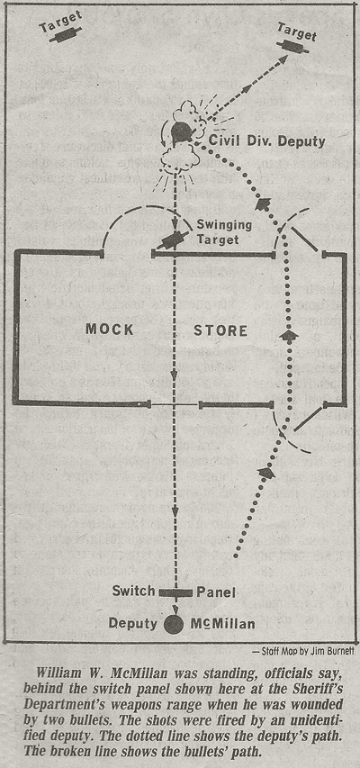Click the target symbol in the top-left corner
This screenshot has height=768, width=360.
click(x=65, y=35)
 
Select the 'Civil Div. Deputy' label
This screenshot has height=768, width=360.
click(x=267, y=141)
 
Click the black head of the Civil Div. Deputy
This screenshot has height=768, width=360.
click(x=181, y=132)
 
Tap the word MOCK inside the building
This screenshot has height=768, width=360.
click(x=110, y=330)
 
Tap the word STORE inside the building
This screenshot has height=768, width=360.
click(x=220, y=330)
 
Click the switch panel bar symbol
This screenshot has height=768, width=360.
click(x=175, y=592)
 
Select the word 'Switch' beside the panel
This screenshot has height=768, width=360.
click(x=133, y=591)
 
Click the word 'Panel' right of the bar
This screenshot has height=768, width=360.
click(x=217, y=592)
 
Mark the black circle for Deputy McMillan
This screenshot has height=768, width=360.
click(x=174, y=624)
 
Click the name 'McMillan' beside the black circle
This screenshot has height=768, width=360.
click(x=222, y=624)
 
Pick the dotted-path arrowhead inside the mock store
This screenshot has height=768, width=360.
click(x=289, y=336)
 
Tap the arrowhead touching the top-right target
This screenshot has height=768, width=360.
click(x=283, y=60)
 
